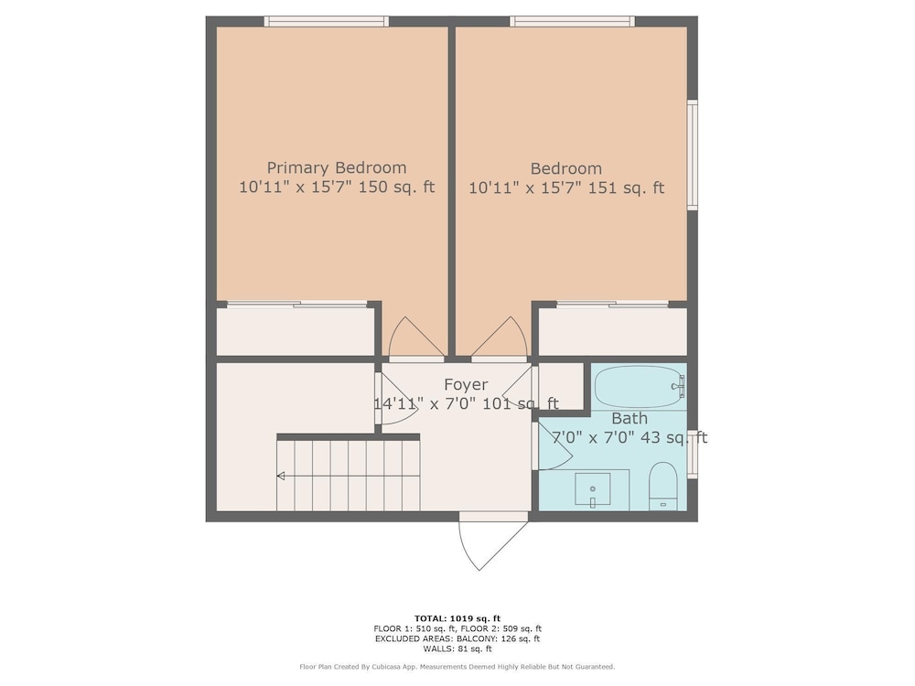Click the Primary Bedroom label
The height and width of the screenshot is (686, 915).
point(337,168)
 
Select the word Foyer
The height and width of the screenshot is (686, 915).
point(466,384)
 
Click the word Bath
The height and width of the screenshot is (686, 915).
point(630,418)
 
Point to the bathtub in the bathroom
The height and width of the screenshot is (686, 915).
point(639,386)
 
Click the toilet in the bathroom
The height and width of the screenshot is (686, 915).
point(662,486)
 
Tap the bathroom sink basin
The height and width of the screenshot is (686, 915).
point(592,488)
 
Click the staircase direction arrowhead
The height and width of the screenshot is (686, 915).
point(281,476)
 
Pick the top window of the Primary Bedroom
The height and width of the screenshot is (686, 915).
point(327,22)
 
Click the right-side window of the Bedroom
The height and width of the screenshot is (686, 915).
point(692,155)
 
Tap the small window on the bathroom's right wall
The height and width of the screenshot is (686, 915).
point(692,455)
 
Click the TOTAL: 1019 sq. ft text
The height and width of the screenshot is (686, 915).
point(457,618)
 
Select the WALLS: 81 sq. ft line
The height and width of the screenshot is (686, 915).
point(457,648)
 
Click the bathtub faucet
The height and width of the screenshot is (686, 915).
point(679,386)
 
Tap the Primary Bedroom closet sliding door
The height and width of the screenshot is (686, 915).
point(297,304)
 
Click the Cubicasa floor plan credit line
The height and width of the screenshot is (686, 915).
point(457,667)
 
